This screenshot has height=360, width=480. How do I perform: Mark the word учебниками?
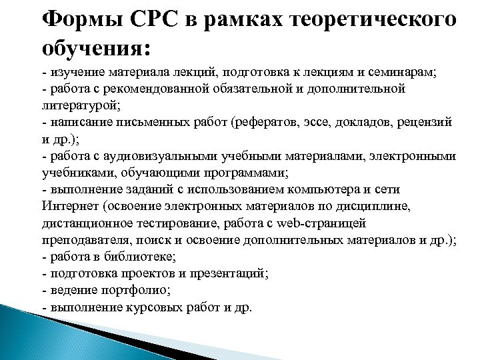(x=71, y=173)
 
